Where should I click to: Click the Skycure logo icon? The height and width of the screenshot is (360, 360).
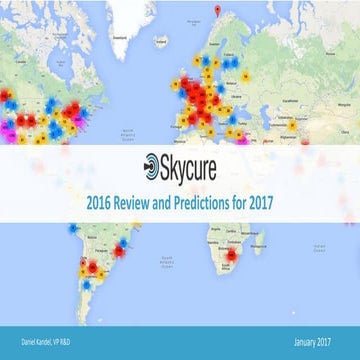pyautogui.click(x=151, y=163)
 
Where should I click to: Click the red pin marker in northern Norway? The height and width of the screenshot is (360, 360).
pyautogui.click(x=220, y=12)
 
